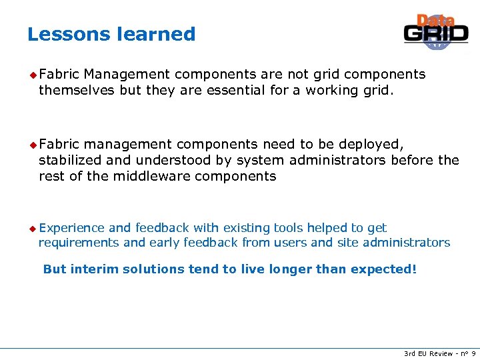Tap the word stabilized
(x=71, y=160)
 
